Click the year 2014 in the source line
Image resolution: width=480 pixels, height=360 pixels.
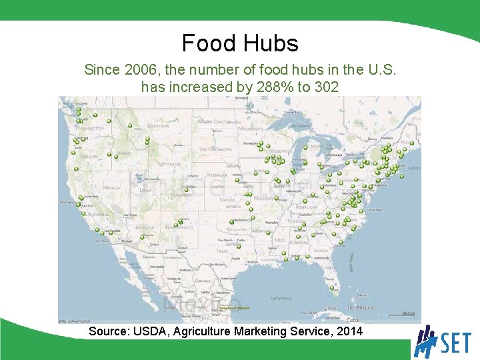coord(350,331)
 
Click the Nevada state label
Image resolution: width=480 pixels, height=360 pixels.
coord(112,188)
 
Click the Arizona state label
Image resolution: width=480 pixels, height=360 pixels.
coord(145,227)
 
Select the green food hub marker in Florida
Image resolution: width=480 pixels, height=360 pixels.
coord(331,287)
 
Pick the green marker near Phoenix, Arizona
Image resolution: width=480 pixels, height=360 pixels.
coord(141,235)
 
